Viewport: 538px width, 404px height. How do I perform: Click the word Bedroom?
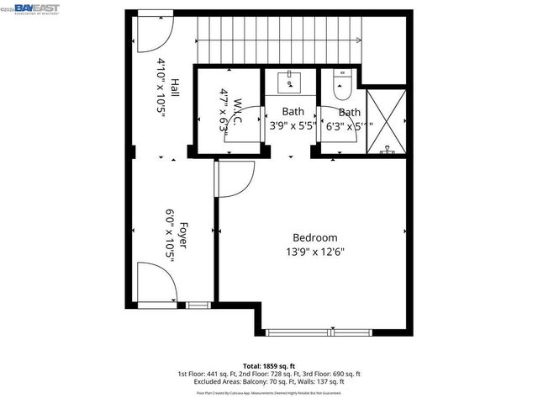(314, 237)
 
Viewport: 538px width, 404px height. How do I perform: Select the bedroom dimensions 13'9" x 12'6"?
(314, 251)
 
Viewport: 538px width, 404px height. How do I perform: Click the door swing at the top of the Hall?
(154, 30)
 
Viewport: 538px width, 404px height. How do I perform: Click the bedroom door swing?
(235, 180)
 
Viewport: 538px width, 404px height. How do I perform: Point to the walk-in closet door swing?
(243, 135)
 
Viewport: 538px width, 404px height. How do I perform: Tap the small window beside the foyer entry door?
(198, 305)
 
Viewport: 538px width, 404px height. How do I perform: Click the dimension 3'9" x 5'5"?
(293, 125)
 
